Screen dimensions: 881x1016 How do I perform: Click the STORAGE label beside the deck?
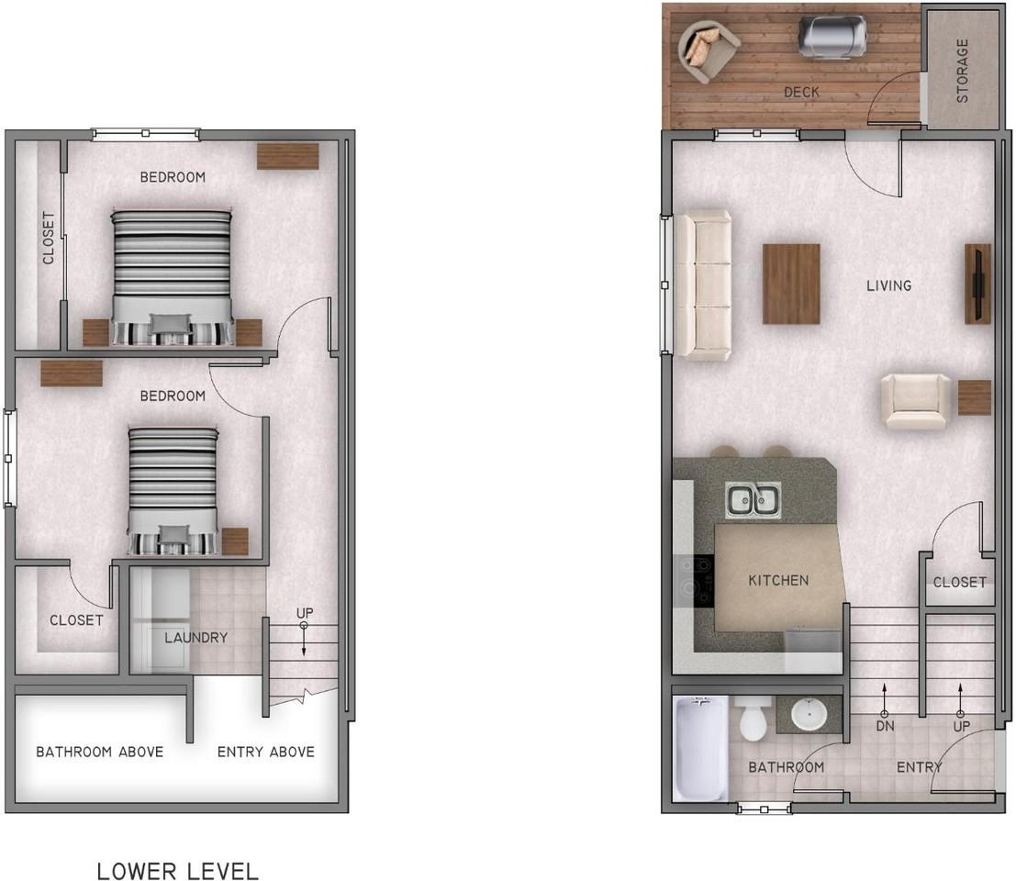(963, 70)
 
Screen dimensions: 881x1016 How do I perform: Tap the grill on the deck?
(832, 37)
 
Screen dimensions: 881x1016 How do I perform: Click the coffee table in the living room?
(791, 284)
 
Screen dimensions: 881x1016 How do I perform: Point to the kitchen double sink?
(754, 501)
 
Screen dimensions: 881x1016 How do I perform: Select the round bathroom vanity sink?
(809, 714)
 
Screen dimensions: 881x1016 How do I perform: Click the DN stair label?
(885, 726)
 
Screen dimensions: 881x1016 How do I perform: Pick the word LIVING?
(888, 285)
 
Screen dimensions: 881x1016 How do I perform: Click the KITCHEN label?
(778, 580)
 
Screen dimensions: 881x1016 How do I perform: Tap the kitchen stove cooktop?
(696, 581)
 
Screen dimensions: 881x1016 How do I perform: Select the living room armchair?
(916, 401)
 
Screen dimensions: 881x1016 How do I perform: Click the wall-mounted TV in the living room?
(977, 284)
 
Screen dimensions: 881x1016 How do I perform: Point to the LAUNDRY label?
(195, 637)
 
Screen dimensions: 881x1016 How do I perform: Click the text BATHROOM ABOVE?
(100, 752)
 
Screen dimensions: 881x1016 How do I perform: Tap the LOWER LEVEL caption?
(178, 870)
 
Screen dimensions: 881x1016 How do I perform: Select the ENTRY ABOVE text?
(266, 752)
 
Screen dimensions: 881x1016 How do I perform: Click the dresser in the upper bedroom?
(287, 156)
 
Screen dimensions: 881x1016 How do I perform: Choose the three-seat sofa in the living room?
(703, 284)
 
